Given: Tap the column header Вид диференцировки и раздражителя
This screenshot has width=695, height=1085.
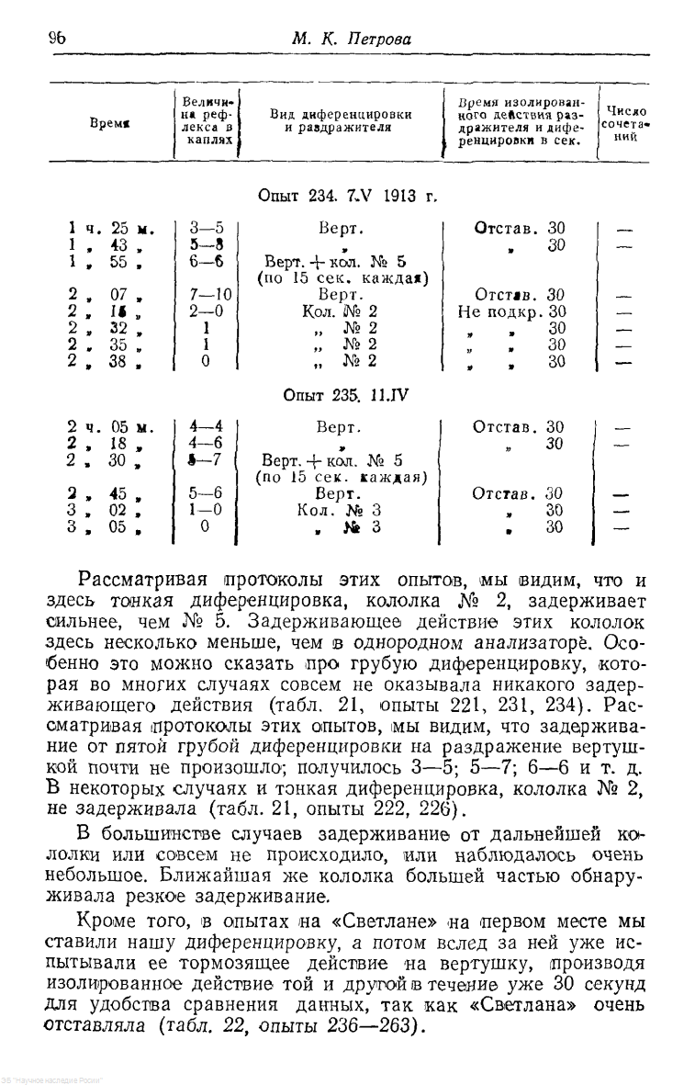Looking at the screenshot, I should click(340, 120).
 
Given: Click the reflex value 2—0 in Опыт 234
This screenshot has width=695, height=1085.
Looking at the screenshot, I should click(207, 311).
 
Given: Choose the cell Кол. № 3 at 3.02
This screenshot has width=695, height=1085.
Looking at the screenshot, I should click(340, 510).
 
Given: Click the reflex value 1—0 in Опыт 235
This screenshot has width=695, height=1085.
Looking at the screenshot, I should click(206, 510).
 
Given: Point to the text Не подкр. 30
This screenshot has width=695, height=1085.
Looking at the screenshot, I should click(510, 311).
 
